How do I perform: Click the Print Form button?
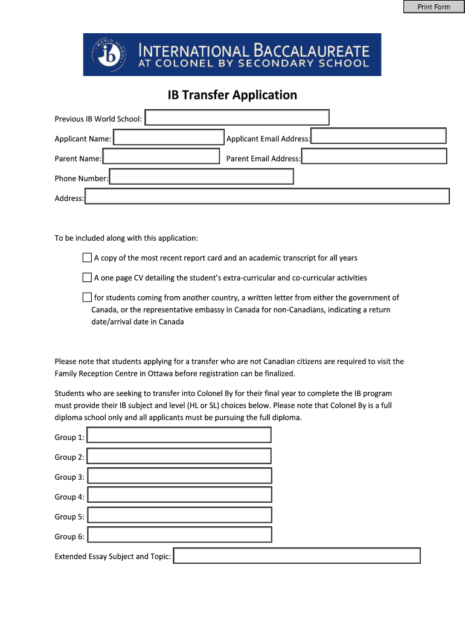point(434,7)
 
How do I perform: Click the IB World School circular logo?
point(109,54)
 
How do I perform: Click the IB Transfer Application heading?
point(232,95)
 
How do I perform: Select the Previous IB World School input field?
point(237,118)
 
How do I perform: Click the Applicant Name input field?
point(168,138)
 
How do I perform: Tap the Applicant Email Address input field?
point(379,136)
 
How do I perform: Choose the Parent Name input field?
point(161,157)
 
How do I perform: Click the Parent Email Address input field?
point(374,157)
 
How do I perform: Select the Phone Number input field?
point(201,177)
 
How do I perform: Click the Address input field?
point(267,197)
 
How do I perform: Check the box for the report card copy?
point(87,258)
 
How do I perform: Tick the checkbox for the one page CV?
point(87,278)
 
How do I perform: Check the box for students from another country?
point(87,298)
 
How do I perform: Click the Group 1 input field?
point(179,436)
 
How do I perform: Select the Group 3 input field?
point(179,476)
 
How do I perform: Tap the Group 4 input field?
point(179,495)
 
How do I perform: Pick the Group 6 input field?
point(179,535)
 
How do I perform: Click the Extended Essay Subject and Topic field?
point(297,556)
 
